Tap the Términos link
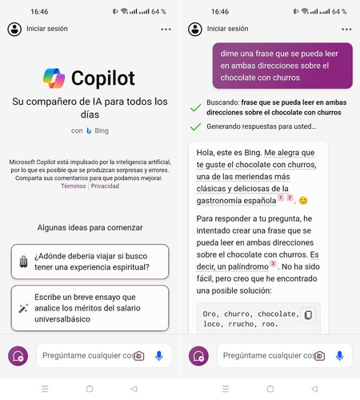click(73, 186)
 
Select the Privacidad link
click(105, 186)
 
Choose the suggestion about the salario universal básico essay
click(90, 308)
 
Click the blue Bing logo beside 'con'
click(89, 130)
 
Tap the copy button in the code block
click(308, 315)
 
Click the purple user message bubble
click(282, 66)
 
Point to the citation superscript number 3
click(273, 263)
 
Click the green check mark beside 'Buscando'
click(194, 106)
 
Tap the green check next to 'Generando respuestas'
click(194, 126)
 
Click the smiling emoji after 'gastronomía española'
click(303, 200)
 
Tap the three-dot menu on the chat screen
click(346, 29)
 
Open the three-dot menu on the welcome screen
click(166, 29)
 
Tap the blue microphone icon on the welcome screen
click(159, 355)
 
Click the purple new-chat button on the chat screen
click(198, 356)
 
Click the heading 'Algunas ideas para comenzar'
click(90, 227)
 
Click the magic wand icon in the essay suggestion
click(23, 308)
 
